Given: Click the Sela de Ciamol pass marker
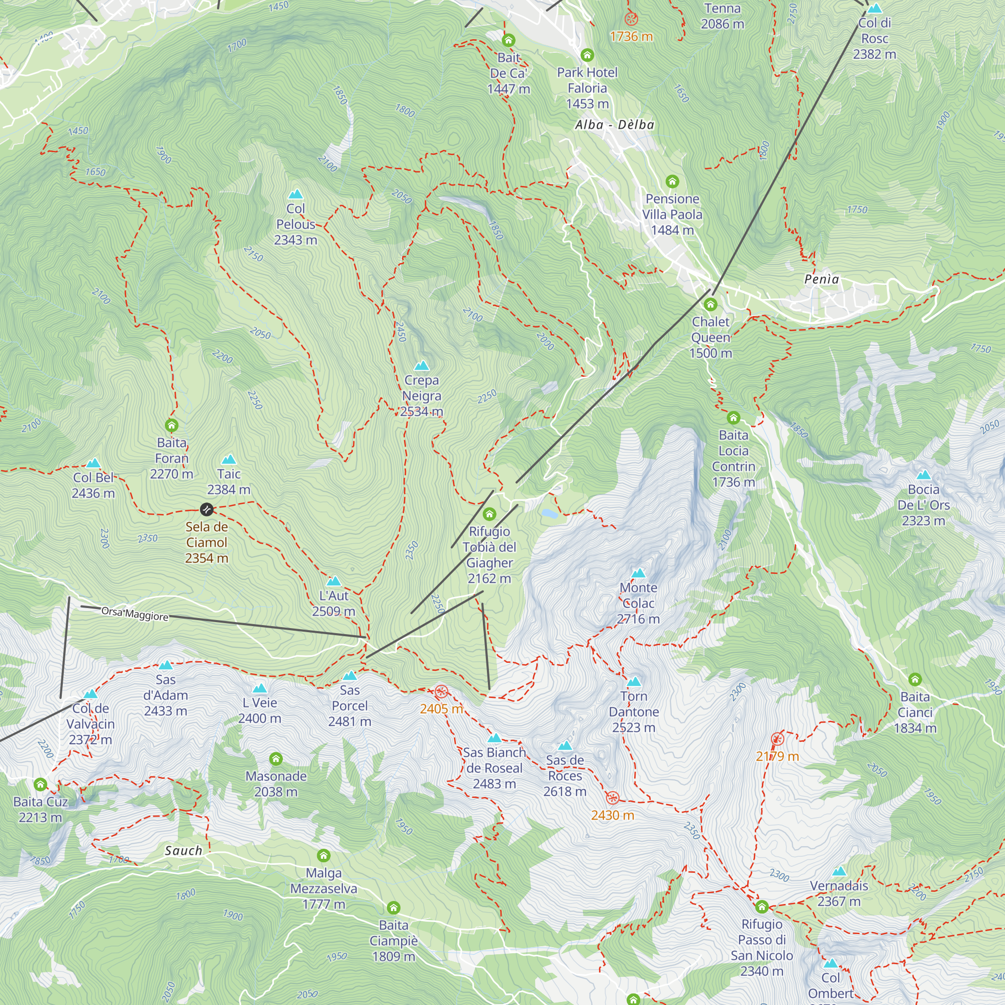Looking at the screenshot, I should pyautogui.click(x=207, y=509).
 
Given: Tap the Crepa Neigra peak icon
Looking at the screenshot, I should pyautogui.click(x=422, y=366).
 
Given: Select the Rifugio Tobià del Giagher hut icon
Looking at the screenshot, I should pyautogui.click(x=489, y=515).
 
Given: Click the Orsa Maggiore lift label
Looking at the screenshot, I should pyautogui.click(x=135, y=615).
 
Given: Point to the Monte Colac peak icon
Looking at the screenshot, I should pyautogui.click(x=638, y=573).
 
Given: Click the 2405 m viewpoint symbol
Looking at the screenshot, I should pyautogui.click(x=441, y=692).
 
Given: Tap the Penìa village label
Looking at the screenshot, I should pyautogui.click(x=822, y=279).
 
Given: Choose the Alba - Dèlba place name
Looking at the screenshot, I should pyautogui.click(x=615, y=125).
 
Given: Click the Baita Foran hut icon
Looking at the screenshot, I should pyautogui.click(x=172, y=426).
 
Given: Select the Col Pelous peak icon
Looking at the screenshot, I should pyautogui.click(x=295, y=194).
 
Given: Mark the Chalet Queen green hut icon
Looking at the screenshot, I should pyautogui.click(x=711, y=305).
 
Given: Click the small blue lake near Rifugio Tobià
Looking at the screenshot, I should pyautogui.click(x=549, y=514).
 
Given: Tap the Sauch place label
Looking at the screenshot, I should pyautogui.click(x=183, y=851).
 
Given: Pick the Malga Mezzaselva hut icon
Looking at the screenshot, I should pyautogui.click(x=324, y=856).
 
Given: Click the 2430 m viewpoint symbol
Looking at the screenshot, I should pyautogui.click(x=612, y=798).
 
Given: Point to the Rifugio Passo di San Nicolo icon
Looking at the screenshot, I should pyautogui.click(x=762, y=907).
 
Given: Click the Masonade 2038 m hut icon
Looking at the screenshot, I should pyautogui.click(x=276, y=759).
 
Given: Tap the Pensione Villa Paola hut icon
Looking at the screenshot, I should pyautogui.click(x=672, y=181).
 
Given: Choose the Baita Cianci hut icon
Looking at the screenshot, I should pyautogui.click(x=915, y=679).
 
